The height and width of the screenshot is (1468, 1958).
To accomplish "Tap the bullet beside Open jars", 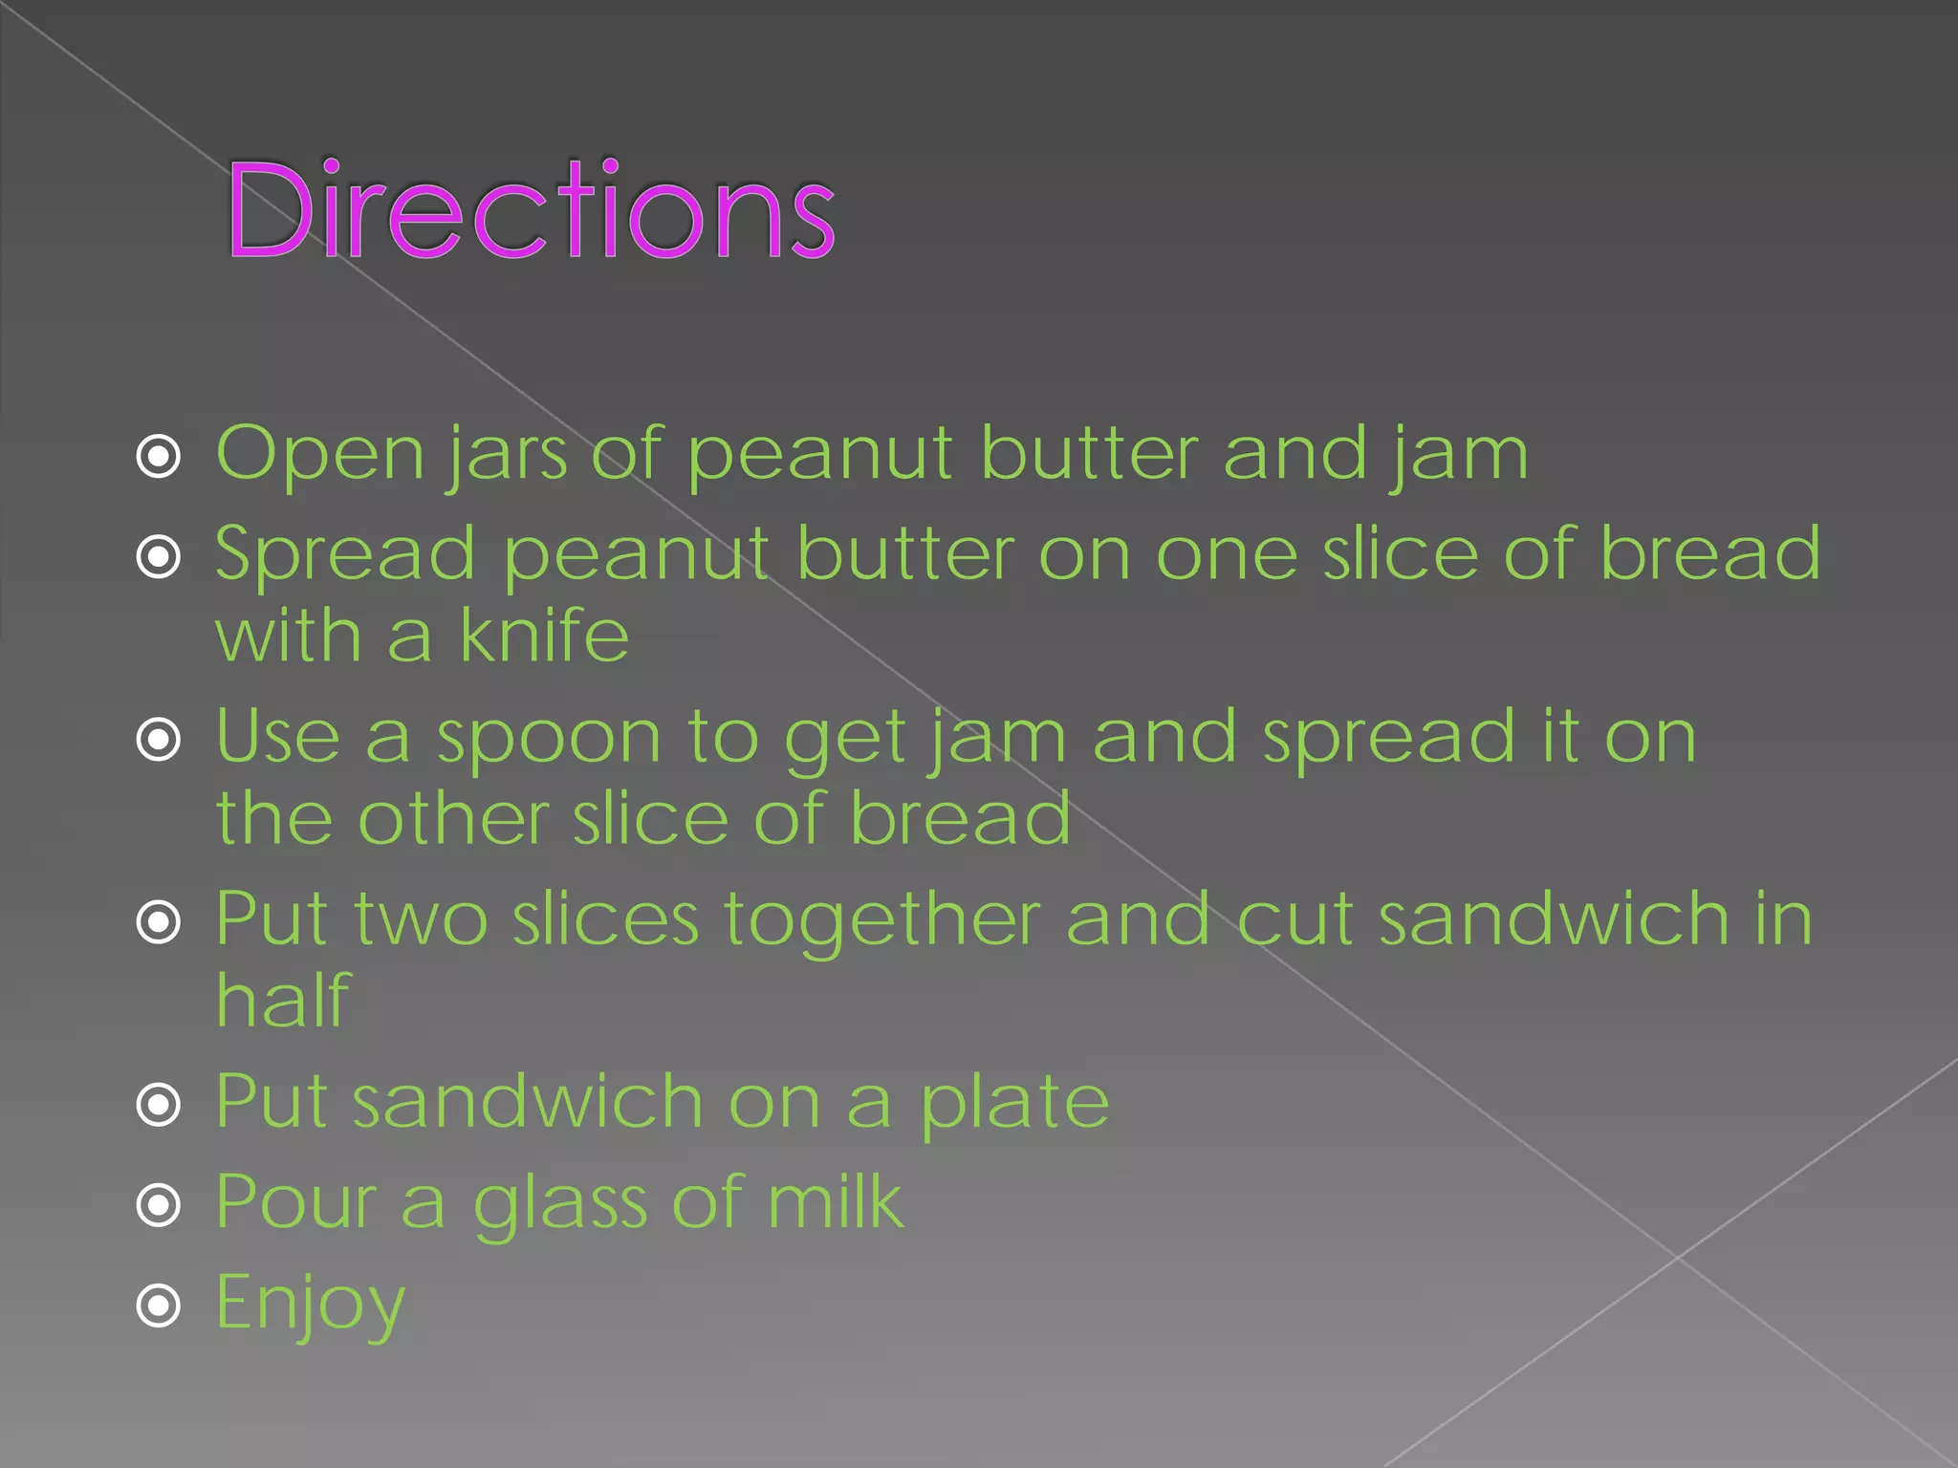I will pos(159,456).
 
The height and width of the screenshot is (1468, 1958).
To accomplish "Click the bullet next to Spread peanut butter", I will pos(159,556).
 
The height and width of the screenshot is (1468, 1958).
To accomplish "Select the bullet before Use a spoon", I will pos(159,739).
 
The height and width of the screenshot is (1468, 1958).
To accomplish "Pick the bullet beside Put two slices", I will pos(159,922).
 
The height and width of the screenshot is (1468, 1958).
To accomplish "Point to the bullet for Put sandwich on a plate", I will pos(159,1105).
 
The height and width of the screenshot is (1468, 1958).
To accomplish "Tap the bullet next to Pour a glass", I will pos(159,1205).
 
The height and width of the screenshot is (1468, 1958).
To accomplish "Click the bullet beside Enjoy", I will pos(159,1306).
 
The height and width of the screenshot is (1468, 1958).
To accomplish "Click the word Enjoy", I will pos(311,1304).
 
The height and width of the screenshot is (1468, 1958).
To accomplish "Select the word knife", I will pos(544,635).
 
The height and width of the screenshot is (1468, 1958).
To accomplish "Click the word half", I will pos(283,1000).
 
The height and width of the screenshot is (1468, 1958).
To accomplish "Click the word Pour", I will pos(296,1201).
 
